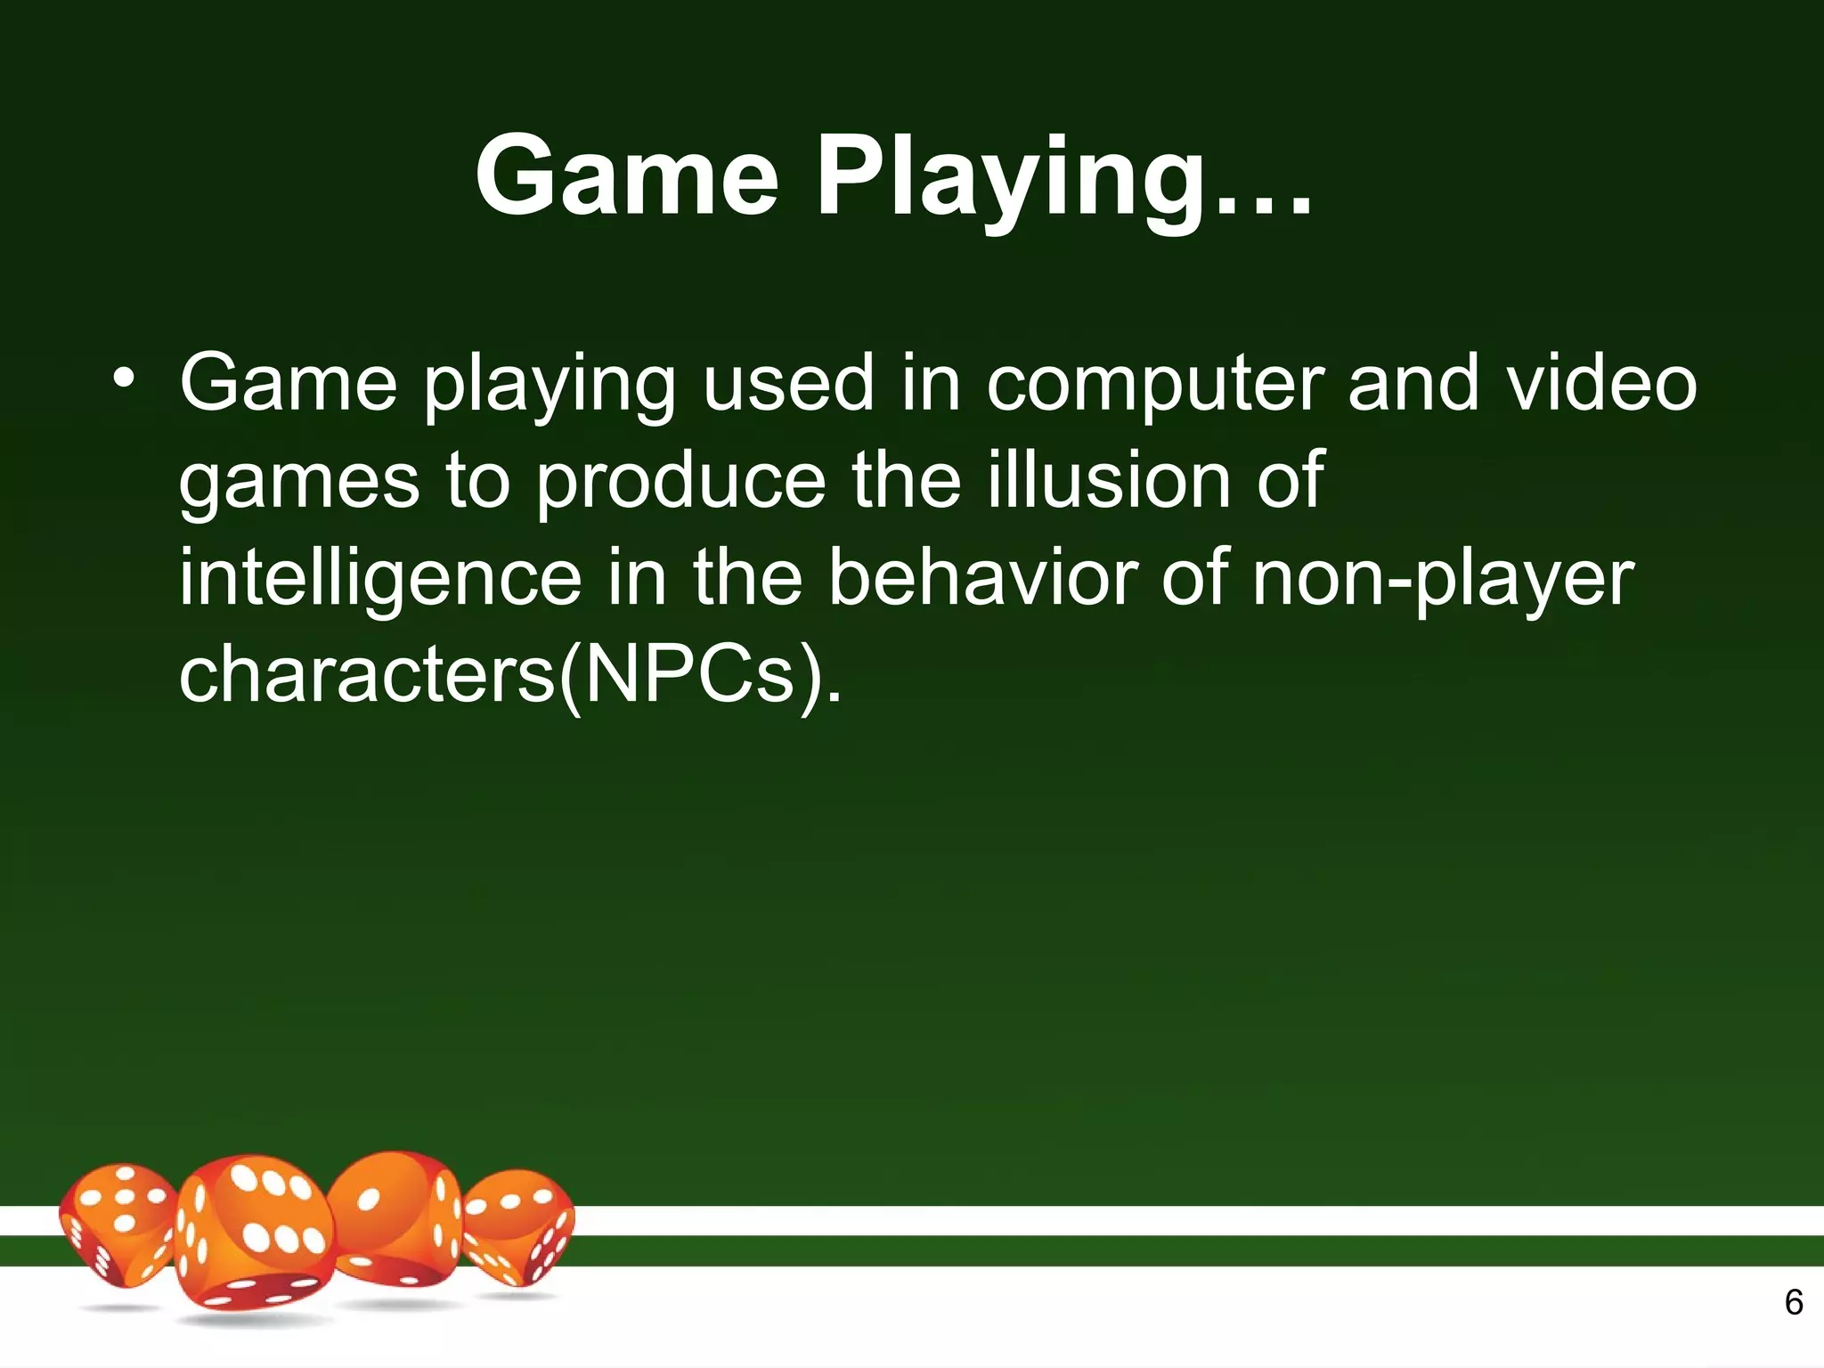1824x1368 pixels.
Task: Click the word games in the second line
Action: pyautogui.click(x=298, y=484)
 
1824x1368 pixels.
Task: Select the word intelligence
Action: pyautogui.click(x=380, y=579)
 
